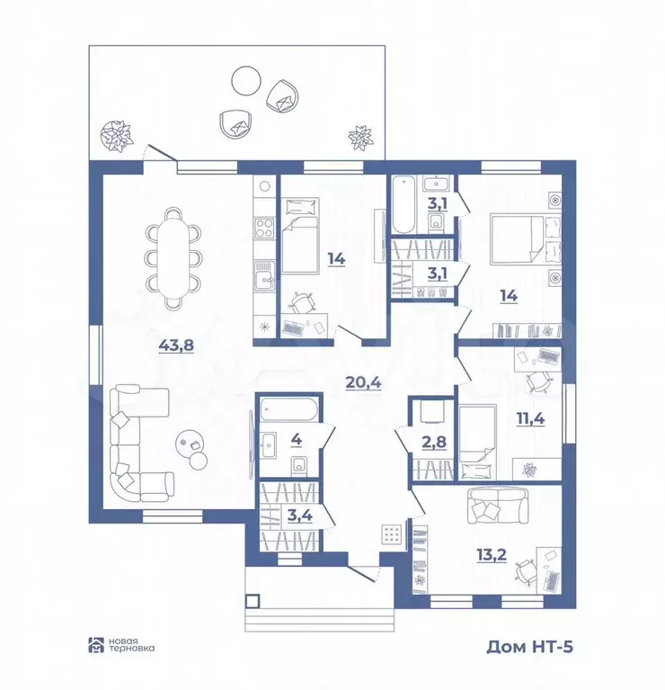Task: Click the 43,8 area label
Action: tap(176, 345)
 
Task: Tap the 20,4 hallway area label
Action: tap(363, 383)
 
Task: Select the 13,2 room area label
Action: tap(492, 555)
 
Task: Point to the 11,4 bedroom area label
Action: tap(530, 418)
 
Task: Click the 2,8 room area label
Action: tap(434, 442)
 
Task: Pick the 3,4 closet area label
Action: tap(300, 515)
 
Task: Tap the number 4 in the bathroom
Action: tap(297, 439)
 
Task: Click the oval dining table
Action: tap(174, 257)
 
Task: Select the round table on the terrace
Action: tap(246, 80)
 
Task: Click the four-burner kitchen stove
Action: tap(265, 229)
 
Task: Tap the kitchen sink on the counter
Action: tap(265, 276)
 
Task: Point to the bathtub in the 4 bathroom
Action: tap(288, 409)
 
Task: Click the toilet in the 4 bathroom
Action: tap(300, 467)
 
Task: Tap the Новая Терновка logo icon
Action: tap(96, 645)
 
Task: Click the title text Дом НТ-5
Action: tap(529, 647)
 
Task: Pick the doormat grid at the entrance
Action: tap(391, 534)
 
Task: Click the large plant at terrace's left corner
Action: tap(117, 136)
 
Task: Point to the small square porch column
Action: tap(253, 601)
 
